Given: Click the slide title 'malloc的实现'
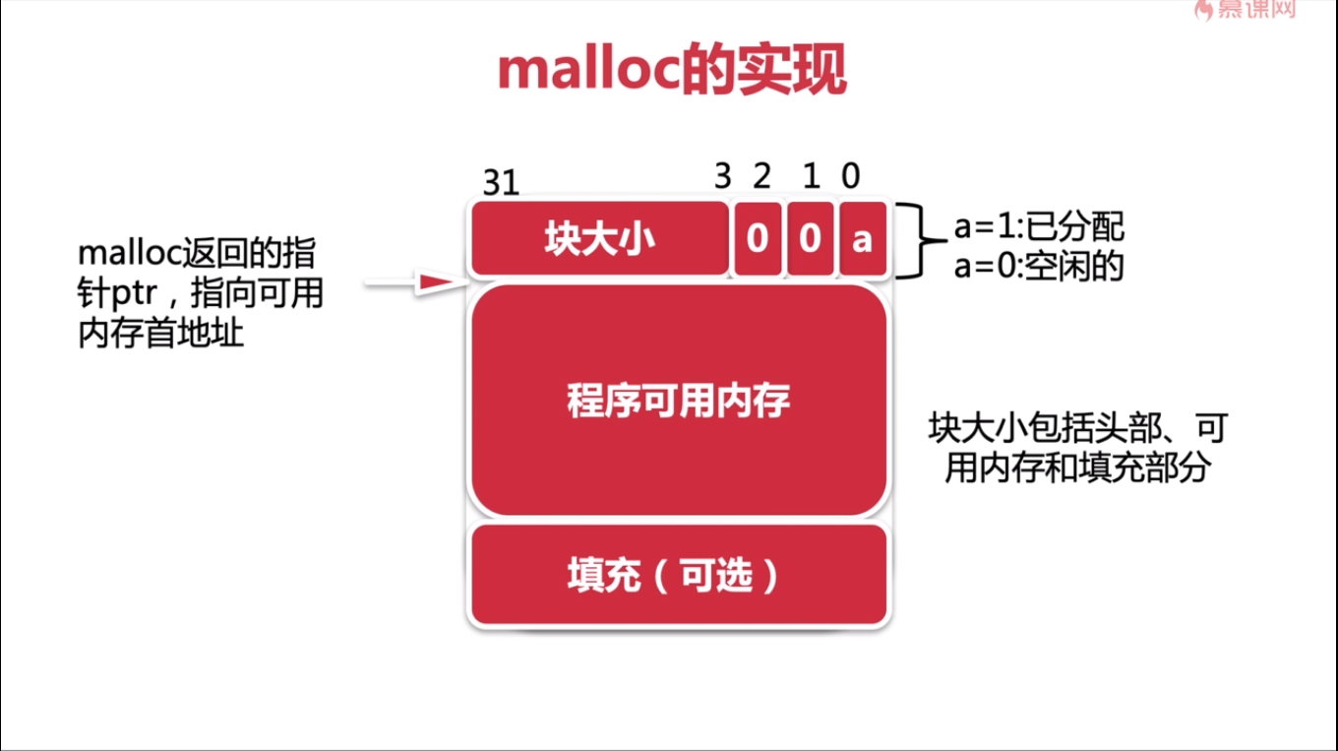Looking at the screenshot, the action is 672,70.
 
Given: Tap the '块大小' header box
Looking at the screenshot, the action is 600,238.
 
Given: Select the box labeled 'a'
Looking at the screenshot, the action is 863,238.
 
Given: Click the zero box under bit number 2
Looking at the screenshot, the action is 758,238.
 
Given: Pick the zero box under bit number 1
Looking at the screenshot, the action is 810,238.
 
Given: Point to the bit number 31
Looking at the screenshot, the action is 501,182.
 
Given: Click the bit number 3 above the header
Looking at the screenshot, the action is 723,175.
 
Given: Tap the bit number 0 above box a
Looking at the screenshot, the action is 851,175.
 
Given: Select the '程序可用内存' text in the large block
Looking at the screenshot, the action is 679,401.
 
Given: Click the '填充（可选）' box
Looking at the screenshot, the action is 679,575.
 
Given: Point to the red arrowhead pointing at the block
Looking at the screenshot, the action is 437,282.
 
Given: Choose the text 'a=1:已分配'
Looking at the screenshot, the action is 1039,226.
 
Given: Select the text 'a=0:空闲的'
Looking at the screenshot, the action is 1039,266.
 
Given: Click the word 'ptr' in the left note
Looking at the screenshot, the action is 135,294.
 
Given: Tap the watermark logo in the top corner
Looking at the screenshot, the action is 1245,10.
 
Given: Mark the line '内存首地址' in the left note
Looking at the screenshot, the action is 160,333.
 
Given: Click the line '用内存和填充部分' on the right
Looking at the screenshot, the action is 1078,468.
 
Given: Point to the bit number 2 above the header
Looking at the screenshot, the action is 761,175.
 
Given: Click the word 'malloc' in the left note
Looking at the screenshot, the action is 129,253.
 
